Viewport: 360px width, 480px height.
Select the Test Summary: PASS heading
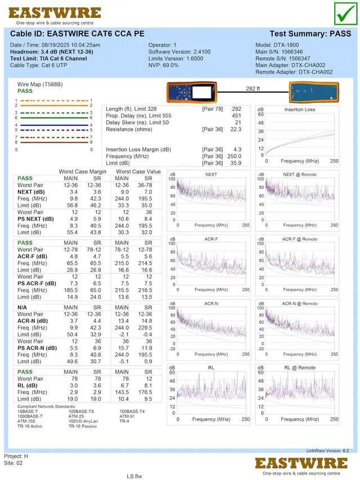pos(310,34)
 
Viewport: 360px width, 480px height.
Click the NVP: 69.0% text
pos(163,65)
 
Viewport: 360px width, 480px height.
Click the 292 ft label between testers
pos(253,89)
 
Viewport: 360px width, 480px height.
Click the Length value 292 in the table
pos(236,109)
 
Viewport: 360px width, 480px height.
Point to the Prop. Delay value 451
pos(236,116)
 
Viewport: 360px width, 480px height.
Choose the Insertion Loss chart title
pos(300,110)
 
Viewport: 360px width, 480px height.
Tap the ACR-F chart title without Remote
pos(211,239)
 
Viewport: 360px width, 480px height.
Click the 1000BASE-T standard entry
pos(30,416)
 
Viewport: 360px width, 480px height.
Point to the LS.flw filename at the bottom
pos(134,476)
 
